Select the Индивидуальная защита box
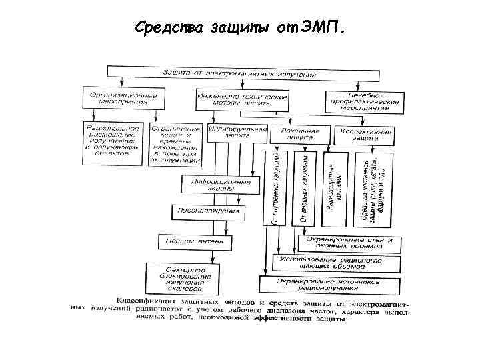[237, 132]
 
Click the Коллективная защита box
[365, 134]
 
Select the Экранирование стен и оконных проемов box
[349, 242]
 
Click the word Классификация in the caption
[144, 302]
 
